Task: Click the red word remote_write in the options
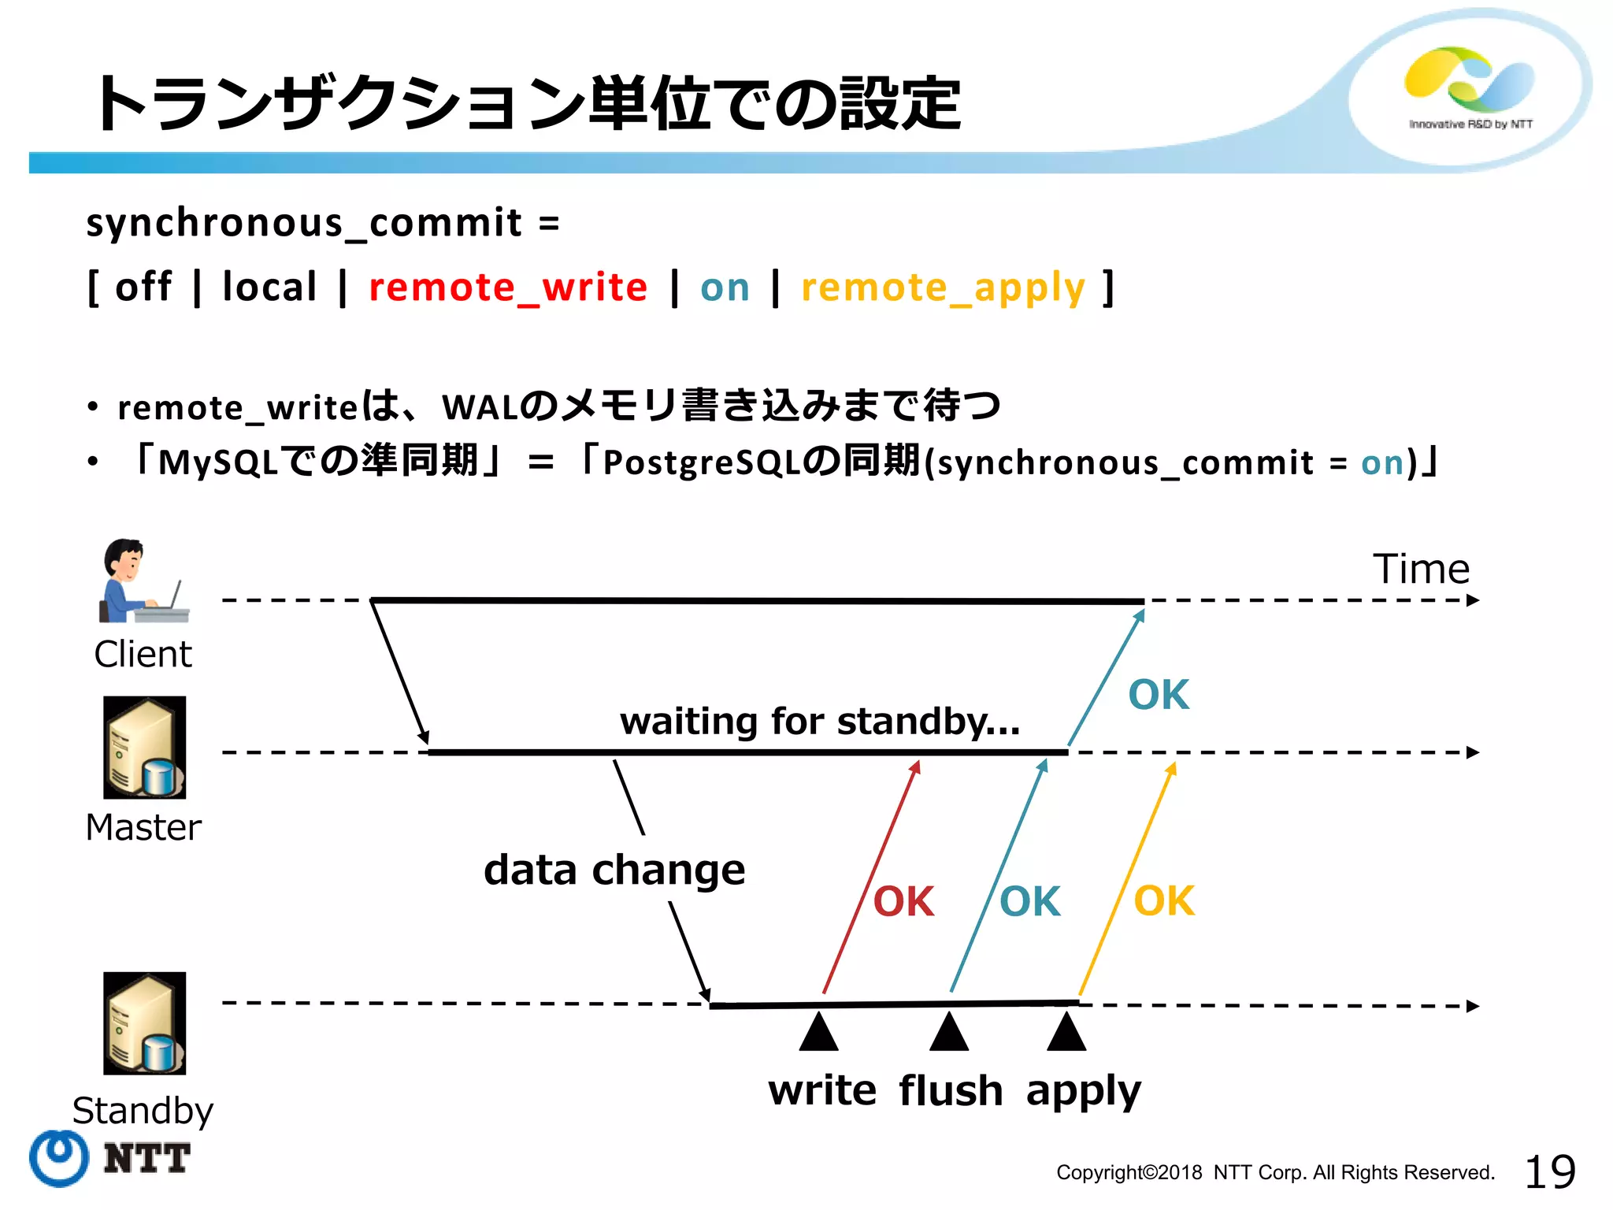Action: click(x=508, y=287)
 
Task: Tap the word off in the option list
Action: click(x=143, y=286)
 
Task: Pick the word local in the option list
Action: click(x=269, y=286)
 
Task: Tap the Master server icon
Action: click(x=145, y=747)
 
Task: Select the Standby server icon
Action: click(x=145, y=1023)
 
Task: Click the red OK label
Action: click(x=903, y=901)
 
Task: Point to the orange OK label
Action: click(x=1164, y=900)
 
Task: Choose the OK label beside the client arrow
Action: click(x=1159, y=695)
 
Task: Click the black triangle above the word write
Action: click(x=818, y=1033)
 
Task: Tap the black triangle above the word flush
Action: click(x=949, y=1033)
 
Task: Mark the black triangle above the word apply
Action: click(x=1066, y=1033)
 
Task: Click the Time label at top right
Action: click(x=1421, y=569)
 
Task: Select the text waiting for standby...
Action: click(x=820, y=721)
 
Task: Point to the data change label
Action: click(x=614, y=870)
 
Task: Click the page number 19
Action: click(x=1550, y=1171)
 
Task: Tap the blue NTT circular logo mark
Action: click(x=59, y=1157)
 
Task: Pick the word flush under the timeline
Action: click(x=951, y=1091)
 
